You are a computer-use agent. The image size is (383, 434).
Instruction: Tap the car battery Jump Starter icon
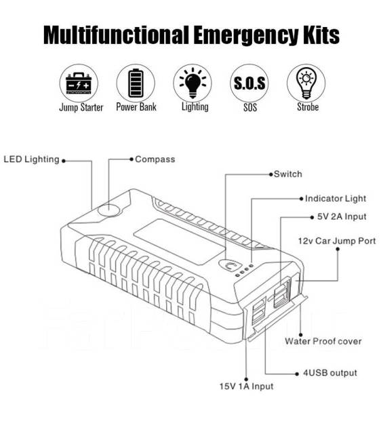point(79,83)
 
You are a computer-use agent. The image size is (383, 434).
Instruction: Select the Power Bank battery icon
point(136,83)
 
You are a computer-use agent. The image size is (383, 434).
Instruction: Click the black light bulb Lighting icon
point(193,83)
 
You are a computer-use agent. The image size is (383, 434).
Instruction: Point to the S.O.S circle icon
point(249,83)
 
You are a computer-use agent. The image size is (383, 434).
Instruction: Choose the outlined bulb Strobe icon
point(306,83)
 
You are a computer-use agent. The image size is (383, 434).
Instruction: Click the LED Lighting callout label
point(31,159)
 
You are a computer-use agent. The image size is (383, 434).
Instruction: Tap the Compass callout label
point(155,159)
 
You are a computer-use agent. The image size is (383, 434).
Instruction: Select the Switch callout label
point(288,174)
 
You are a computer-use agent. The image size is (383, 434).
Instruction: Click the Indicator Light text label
point(336,199)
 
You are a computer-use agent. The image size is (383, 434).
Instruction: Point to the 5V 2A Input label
point(342,216)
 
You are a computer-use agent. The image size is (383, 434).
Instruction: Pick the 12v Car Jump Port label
point(337,241)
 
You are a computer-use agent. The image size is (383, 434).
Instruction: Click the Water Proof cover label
point(323,341)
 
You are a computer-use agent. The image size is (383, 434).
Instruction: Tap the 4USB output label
point(330,373)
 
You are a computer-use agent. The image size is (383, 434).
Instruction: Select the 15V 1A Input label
point(246,387)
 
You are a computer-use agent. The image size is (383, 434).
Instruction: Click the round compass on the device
point(108,210)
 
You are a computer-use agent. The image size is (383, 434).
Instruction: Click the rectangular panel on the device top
point(180,241)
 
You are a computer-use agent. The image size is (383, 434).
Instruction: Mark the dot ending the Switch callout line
point(271,174)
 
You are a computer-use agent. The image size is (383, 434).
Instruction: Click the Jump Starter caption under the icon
point(81,107)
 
